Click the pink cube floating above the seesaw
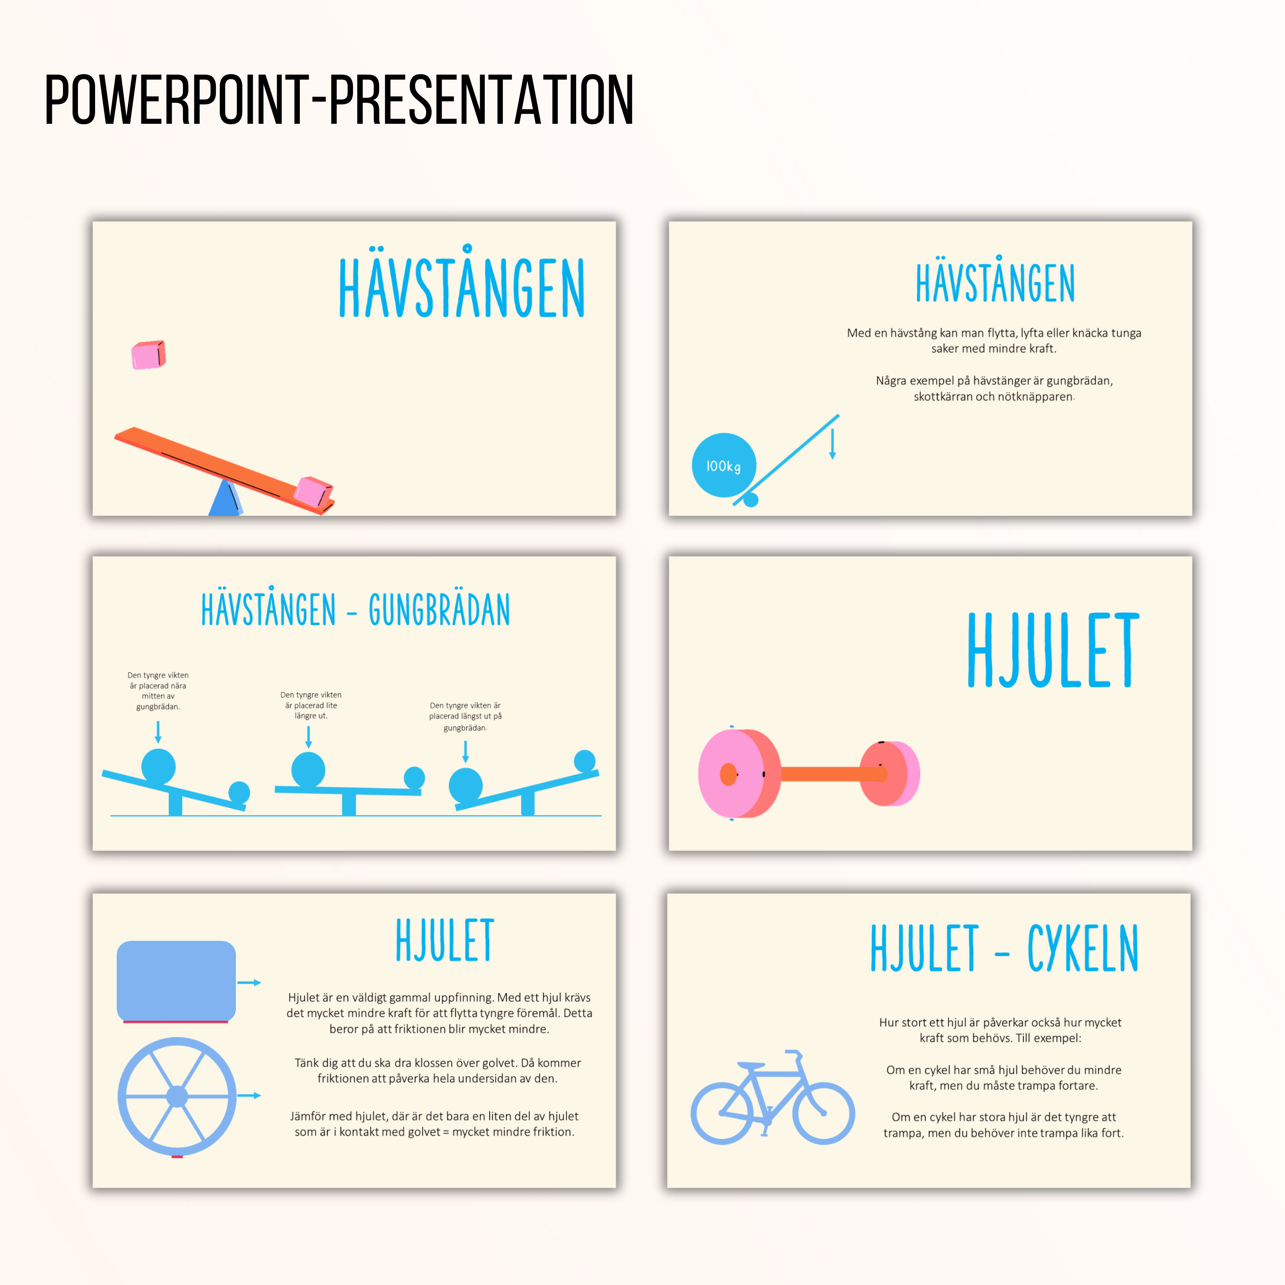click(x=148, y=355)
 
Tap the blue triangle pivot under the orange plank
click(x=225, y=497)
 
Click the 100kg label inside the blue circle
click(x=723, y=466)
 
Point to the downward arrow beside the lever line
click(x=832, y=444)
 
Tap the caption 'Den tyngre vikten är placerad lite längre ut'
click(x=311, y=705)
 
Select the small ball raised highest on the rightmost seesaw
click(x=585, y=760)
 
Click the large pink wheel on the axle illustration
click(x=738, y=774)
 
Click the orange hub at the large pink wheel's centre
click(x=728, y=774)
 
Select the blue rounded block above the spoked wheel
click(x=176, y=980)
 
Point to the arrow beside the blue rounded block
click(x=249, y=982)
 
